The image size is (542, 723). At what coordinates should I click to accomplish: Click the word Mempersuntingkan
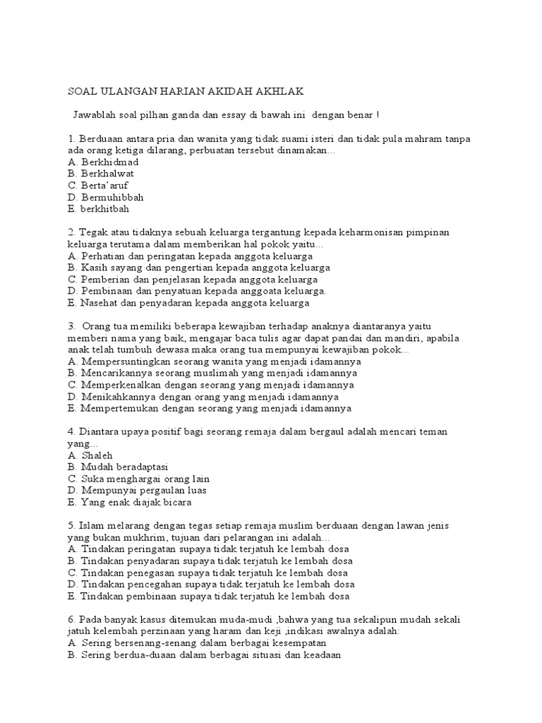click(x=129, y=361)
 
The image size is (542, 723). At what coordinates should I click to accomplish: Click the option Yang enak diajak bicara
click(x=137, y=503)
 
